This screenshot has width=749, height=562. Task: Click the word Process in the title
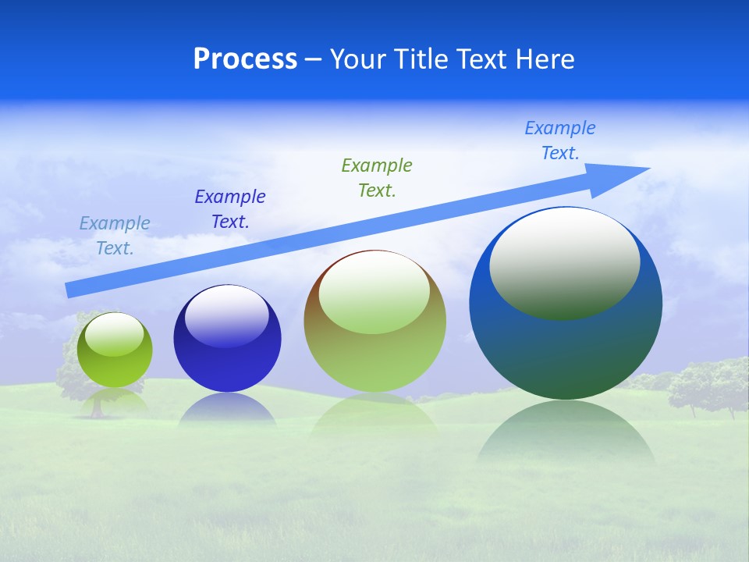point(245,59)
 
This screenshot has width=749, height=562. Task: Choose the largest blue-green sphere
point(566,343)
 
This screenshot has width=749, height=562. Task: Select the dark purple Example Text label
point(230,209)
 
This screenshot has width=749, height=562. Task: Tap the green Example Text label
point(377,178)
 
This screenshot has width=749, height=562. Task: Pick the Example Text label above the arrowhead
point(560,140)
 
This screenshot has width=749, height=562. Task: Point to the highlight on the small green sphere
point(114,334)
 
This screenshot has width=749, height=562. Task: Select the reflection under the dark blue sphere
point(227,410)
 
